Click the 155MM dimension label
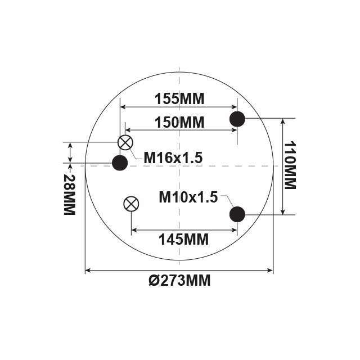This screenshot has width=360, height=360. pos(179,99)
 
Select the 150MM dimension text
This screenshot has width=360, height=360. pos(179,121)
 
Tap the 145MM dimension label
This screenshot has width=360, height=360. pos(183,239)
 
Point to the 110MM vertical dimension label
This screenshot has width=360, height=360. pos(290,165)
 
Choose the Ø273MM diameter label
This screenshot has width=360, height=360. pos(180,280)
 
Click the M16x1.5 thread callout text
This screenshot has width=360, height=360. pos(173,158)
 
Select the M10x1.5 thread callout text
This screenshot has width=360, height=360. pos(188,197)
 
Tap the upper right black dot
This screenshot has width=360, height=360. pos(237,119)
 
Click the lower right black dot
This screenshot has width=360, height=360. pos(237,214)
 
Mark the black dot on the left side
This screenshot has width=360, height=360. pos(120,163)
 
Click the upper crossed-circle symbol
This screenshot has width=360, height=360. pos(125,142)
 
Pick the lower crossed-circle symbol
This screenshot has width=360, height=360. pos(131,204)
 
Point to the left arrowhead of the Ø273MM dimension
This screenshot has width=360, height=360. pos(88,271)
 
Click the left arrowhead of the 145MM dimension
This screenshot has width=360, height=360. pos(134,229)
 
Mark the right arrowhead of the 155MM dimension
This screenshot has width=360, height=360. pos(234,107)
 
